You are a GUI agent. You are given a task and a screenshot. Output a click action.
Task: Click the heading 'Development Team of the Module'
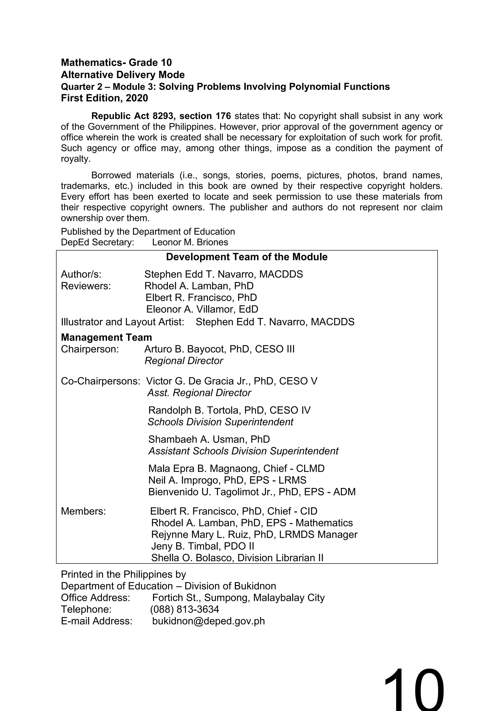[x=247, y=257]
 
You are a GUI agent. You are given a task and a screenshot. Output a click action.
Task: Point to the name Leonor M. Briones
[x=190, y=242]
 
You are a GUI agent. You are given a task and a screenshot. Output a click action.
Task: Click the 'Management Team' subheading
[x=106, y=337]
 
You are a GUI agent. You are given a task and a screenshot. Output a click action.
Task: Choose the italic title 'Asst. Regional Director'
[x=199, y=393]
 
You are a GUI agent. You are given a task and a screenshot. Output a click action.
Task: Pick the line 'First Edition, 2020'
[x=104, y=98]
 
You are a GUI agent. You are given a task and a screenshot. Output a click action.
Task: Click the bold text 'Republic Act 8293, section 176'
[x=161, y=116]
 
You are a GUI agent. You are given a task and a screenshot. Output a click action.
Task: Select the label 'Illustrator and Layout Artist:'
[x=122, y=322]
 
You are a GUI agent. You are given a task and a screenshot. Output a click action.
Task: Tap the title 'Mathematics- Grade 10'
[x=116, y=63]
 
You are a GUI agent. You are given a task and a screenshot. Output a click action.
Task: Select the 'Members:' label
[x=83, y=511]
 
